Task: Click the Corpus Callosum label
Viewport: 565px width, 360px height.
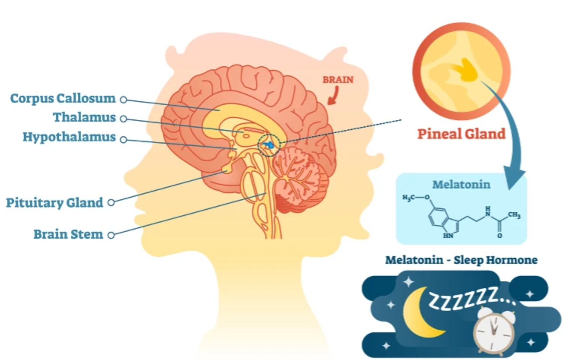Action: pos(63,98)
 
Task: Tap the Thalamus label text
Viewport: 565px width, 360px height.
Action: pos(84,117)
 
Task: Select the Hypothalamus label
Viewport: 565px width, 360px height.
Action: pos(69,137)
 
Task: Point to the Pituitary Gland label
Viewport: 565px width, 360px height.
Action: pos(54,203)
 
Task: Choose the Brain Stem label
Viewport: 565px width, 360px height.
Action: pos(68,234)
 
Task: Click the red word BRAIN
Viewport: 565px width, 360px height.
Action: pos(338,80)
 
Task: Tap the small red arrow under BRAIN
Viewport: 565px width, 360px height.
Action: pos(333,95)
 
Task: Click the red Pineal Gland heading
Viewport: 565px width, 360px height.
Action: pos(461,134)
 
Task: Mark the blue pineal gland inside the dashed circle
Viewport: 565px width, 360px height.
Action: pos(270,144)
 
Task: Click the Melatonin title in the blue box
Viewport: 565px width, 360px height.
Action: pos(461,185)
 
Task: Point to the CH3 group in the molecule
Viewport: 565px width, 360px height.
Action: pos(514,215)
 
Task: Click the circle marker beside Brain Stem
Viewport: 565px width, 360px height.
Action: pos(111,235)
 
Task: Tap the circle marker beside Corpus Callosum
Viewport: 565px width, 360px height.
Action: pos(123,100)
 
